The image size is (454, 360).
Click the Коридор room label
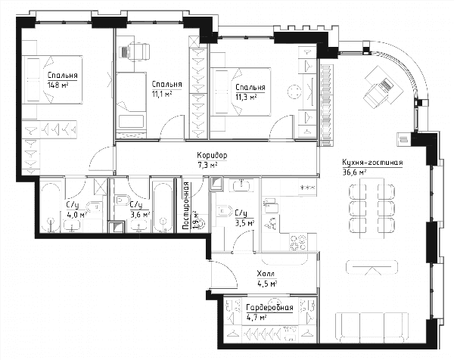coord(212,155)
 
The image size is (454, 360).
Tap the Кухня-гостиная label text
coord(372,163)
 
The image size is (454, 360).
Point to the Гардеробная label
coord(269,308)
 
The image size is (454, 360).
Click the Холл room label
coord(266,274)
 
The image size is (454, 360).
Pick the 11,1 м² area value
coord(162,94)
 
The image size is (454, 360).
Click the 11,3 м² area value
coord(246,97)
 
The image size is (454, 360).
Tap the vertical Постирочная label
coord(186,206)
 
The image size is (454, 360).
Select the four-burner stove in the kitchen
coord(299,242)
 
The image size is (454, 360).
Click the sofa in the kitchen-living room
coord(372,327)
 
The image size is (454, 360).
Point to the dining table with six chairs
coord(372,208)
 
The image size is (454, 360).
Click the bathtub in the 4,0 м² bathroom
coord(51,207)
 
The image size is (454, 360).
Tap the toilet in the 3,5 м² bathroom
coord(224,211)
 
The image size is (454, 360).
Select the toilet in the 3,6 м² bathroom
coord(121,200)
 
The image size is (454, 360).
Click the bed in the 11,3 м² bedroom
coord(241,92)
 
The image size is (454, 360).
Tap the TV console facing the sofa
coord(372,268)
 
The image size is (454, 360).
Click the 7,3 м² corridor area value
coord(207,165)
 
